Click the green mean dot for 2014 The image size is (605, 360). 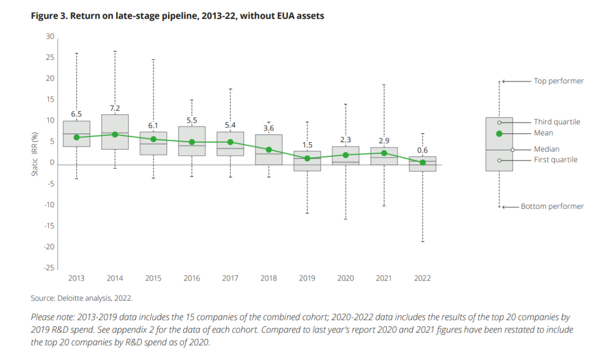(115, 134)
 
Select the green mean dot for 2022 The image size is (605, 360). (422, 162)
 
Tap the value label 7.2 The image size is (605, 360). (115, 108)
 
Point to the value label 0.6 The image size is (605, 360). (422, 150)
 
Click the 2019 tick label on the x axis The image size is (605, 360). (307, 278)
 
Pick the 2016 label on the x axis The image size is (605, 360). (192, 278)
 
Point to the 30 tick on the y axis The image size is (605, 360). (50, 37)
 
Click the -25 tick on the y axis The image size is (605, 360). (49, 268)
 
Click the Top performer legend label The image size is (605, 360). (559, 81)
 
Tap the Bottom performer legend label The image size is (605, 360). (552, 207)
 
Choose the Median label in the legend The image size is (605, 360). (546, 149)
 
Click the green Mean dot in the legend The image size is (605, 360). (499, 133)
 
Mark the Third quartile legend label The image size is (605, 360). (557, 122)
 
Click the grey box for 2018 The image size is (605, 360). (269, 149)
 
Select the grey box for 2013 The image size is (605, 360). (77, 134)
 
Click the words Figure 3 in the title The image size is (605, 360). (49, 16)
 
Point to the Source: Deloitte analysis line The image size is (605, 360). (81, 298)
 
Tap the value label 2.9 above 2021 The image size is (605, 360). (384, 141)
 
